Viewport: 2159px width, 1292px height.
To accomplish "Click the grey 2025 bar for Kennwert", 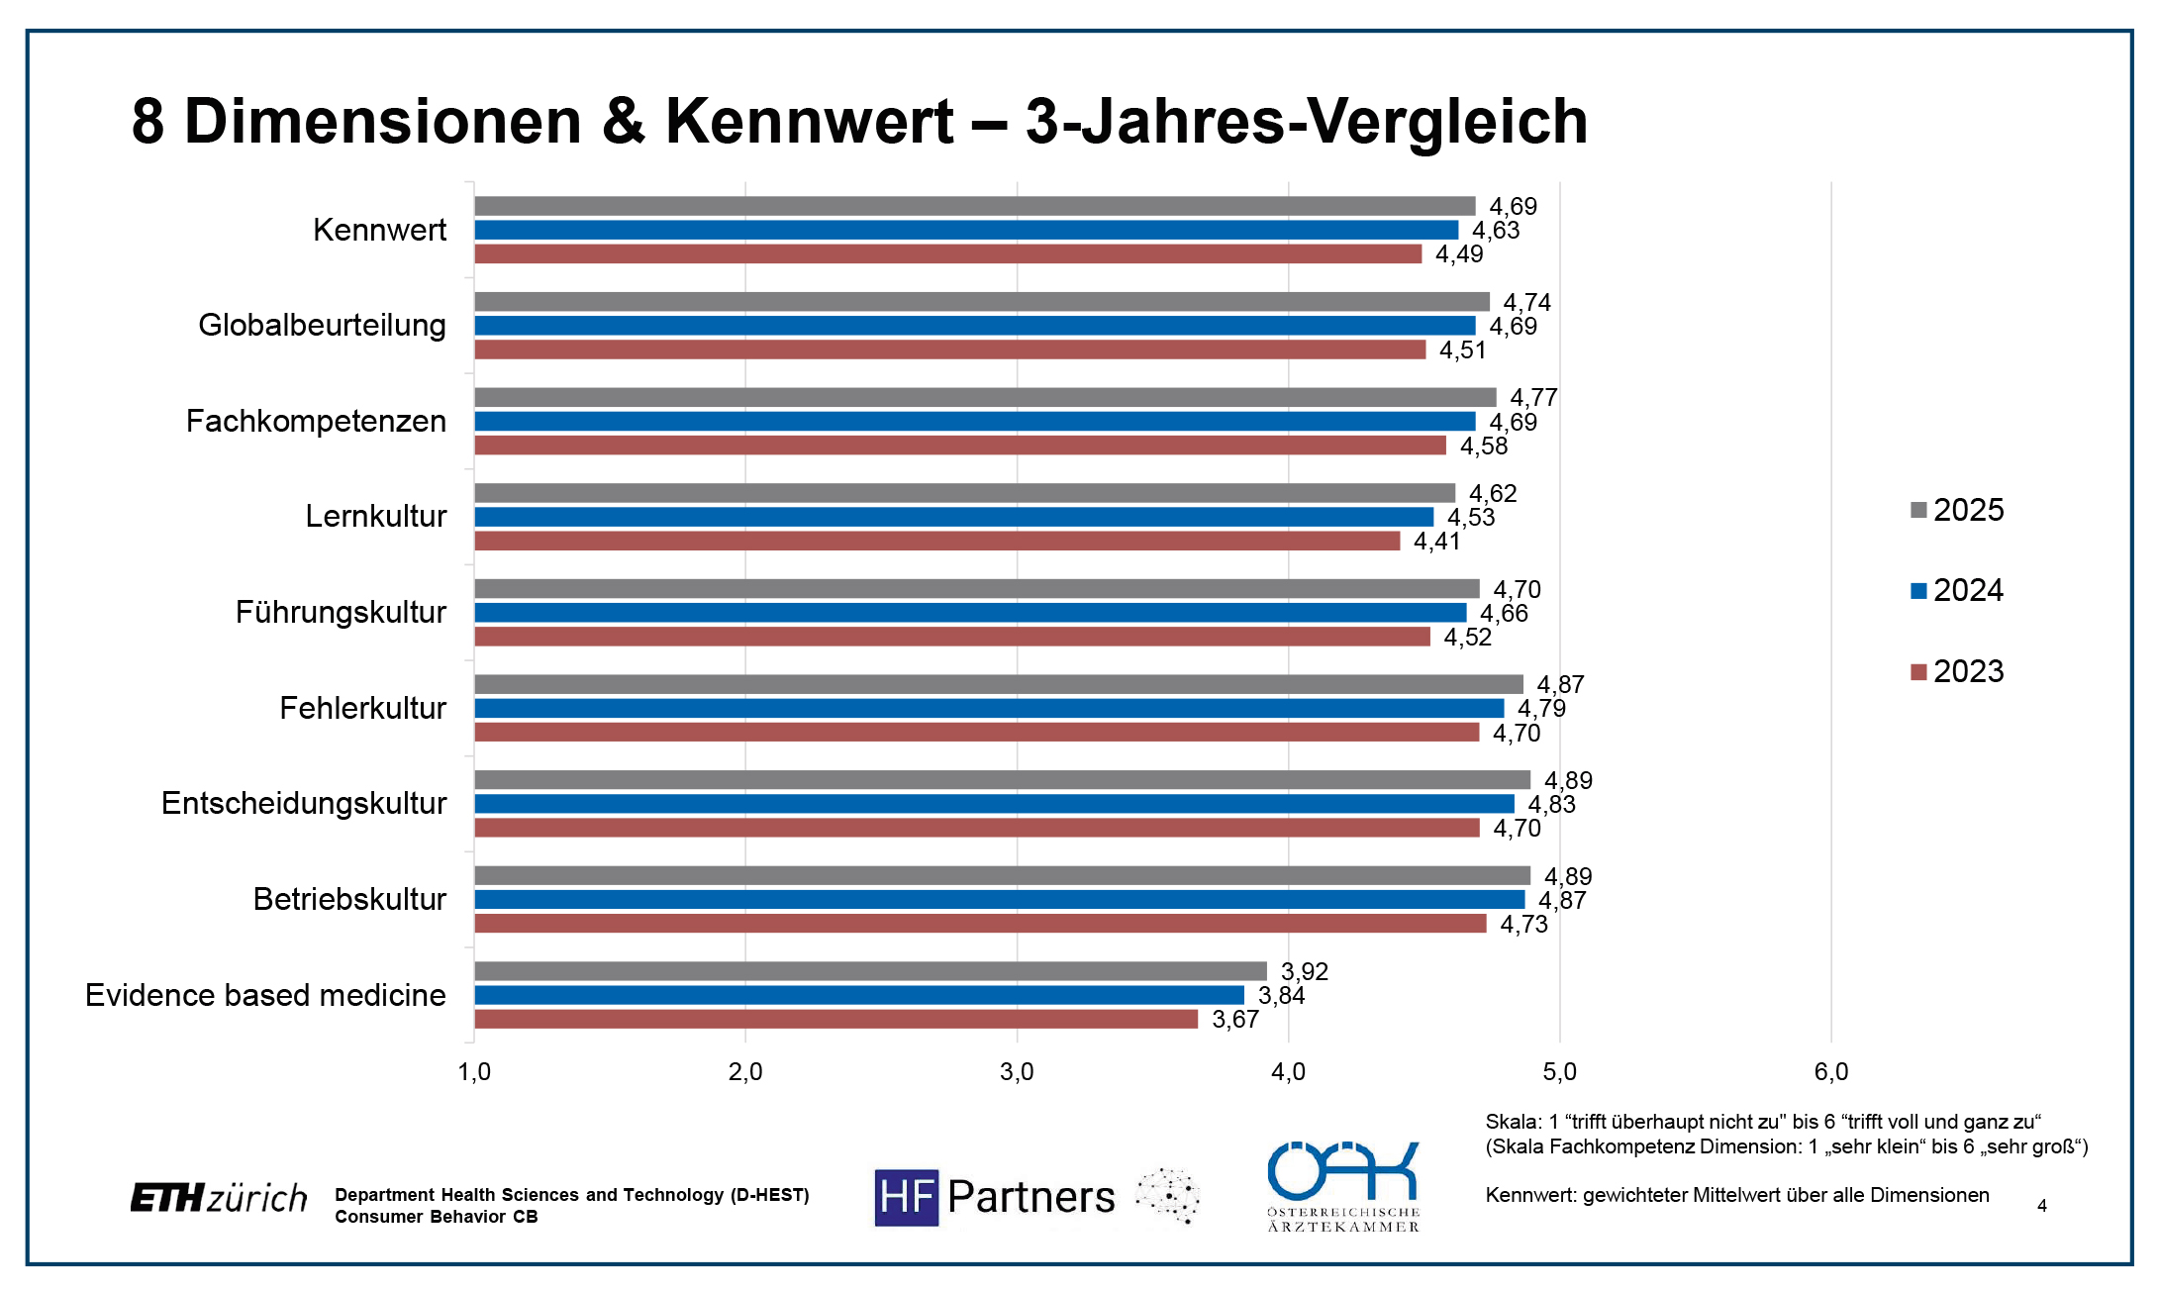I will click(974, 206).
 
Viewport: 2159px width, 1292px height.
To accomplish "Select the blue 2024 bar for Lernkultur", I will click(953, 517).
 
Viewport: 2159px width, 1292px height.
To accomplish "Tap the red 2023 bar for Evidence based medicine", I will click(835, 1019).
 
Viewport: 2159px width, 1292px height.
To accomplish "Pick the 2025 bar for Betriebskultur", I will click(1002, 875).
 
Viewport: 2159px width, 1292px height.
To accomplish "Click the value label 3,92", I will click(1304, 971).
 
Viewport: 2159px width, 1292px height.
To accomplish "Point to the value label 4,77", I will click(1533, 397).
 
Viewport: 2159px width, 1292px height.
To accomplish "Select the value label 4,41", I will click(1436, 541).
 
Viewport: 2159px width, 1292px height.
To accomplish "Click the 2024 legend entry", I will click(1957, 590).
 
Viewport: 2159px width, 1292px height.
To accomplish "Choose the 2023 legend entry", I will click(1957, 671).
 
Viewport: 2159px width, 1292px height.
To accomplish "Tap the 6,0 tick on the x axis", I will click(1830, 1071).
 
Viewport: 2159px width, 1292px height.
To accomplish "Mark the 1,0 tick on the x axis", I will click(474, 1071).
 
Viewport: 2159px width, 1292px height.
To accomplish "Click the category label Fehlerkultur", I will click(362, 708).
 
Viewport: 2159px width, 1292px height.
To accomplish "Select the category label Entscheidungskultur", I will click(304, 803).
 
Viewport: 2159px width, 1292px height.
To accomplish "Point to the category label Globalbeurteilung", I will click(322, 325).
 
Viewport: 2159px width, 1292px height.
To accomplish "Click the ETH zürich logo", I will click(219, 1198).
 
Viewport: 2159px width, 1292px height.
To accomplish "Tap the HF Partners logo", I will click(995, 1197).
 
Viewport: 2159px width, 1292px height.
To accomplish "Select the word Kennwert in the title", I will click(809, 121).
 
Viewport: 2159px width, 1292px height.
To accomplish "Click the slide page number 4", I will click(2041, 1206).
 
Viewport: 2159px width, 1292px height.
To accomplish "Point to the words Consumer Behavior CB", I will click(436, 1217).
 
